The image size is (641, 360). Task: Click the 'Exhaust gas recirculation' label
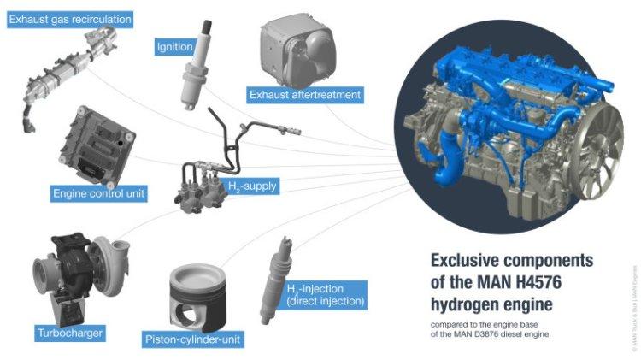(x=70, y=18)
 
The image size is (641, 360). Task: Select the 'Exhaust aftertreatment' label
(x=305, y=93)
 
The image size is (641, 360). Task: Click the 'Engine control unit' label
(x=98, y=194)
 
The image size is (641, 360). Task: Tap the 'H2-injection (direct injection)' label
(x=325, y=295)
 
